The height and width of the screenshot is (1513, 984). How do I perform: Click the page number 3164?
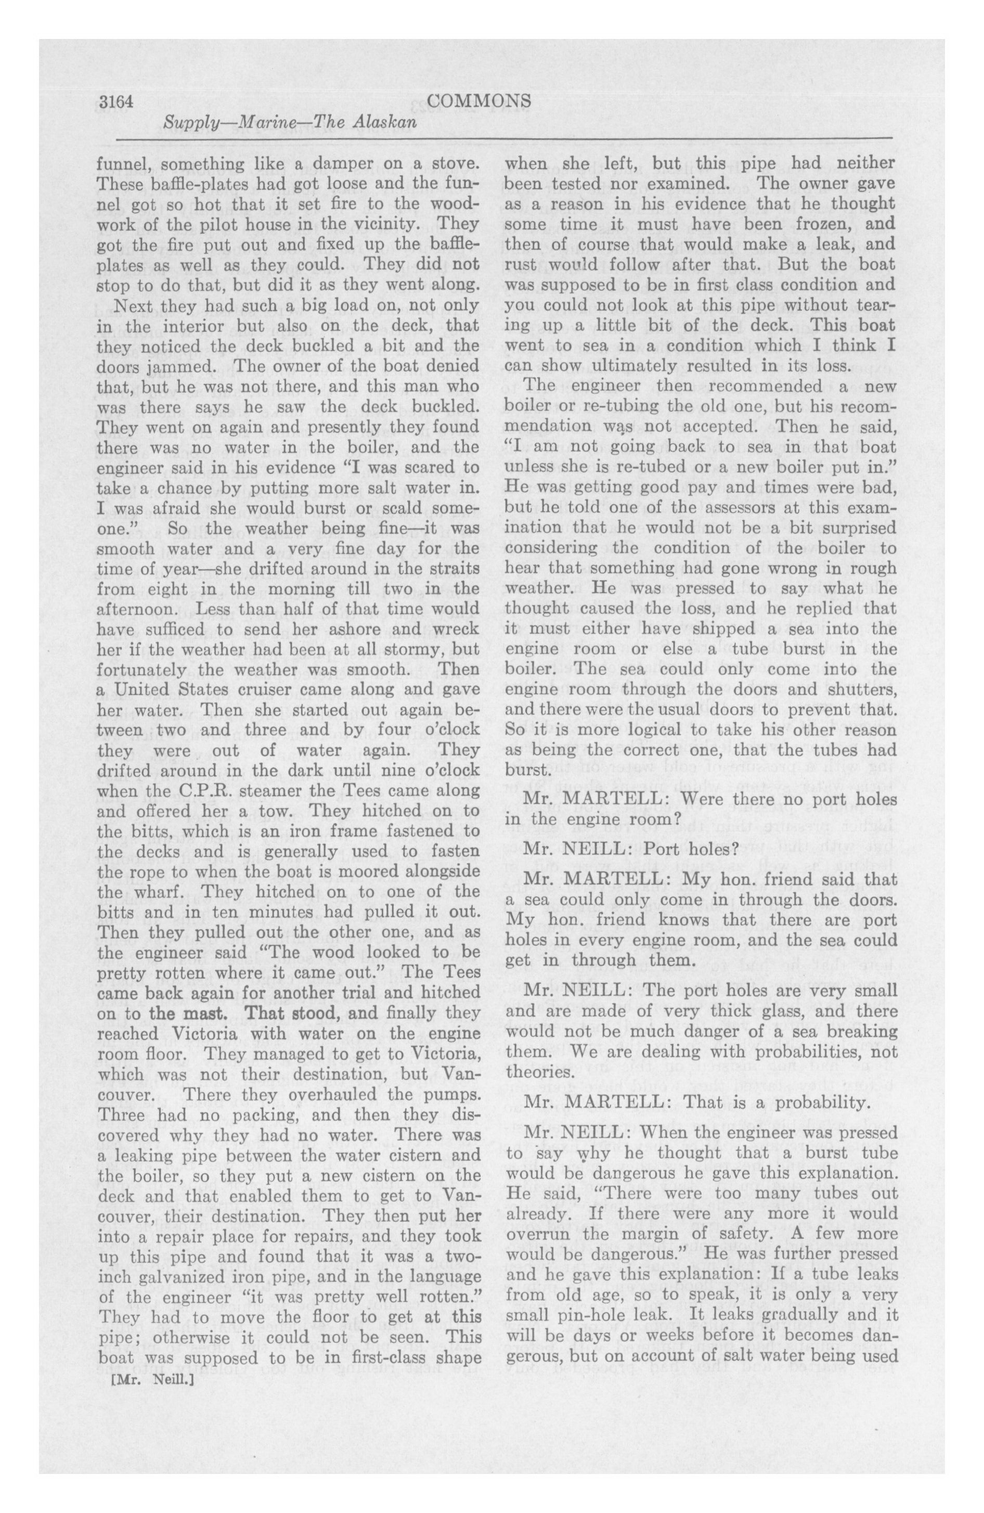click(114, 101)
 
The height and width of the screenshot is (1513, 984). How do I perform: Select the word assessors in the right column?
click(732, 528)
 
